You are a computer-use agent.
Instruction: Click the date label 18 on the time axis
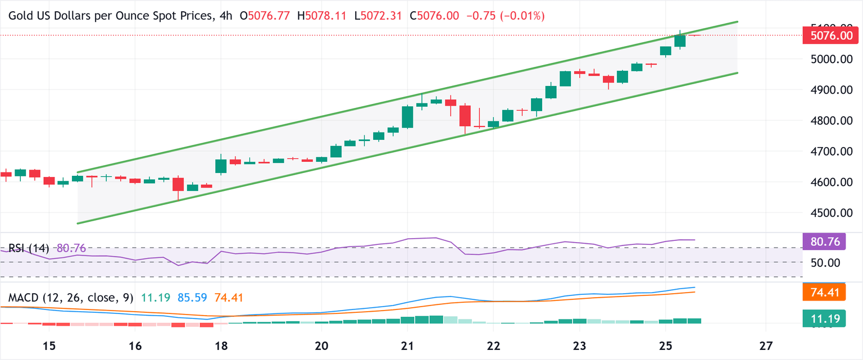coord(221,344)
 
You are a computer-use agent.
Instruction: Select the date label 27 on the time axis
coord(766,344)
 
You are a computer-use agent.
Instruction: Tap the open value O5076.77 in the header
coord(265,16)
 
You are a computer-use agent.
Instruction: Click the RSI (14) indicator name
coord(29,248)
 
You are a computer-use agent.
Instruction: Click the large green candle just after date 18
coord(221,166)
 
